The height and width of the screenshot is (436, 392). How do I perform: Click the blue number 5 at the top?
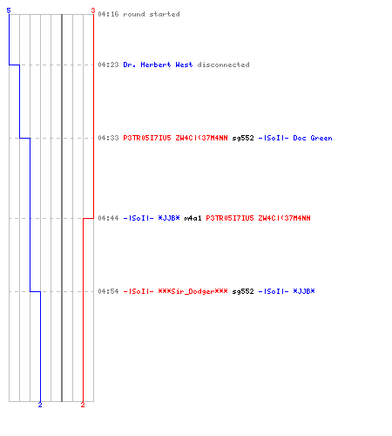9,10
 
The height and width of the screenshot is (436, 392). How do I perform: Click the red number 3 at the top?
93,10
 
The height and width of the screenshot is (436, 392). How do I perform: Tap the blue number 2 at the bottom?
40,405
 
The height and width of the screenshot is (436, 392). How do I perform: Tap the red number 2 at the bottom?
83,405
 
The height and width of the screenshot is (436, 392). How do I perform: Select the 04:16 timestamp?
108,14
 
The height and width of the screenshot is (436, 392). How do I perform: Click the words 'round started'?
152,14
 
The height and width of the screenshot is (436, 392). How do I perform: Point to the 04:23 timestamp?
108,65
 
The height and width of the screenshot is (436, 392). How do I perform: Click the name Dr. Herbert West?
158,65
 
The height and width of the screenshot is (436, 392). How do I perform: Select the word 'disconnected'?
223,65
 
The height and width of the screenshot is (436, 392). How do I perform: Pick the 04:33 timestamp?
108,138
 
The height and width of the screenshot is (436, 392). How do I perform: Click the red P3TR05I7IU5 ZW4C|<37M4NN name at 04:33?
175,138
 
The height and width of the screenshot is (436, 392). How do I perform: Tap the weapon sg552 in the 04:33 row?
243,138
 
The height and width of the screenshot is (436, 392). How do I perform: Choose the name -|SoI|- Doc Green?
295,138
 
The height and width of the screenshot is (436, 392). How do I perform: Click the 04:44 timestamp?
108,218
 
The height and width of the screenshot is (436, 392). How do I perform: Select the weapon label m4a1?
193,218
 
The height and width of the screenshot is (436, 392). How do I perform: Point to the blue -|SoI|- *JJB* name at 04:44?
152,218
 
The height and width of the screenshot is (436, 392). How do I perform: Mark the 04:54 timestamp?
108,291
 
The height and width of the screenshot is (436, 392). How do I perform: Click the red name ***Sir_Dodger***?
193,291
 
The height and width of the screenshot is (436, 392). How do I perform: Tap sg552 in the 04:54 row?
243,291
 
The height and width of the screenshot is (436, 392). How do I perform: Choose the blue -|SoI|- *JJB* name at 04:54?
287,291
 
